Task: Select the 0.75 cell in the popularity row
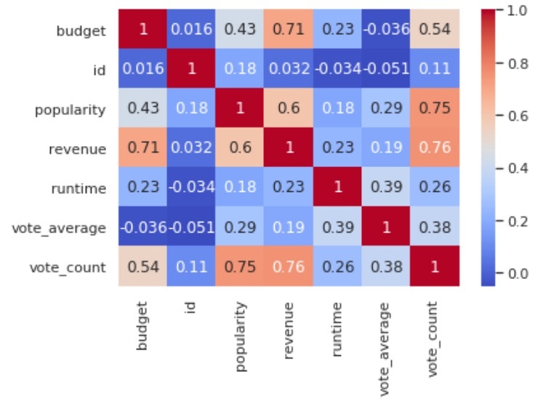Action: [x=433, y=110]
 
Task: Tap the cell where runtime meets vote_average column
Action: [x=390, y=188]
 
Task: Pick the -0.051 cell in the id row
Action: [x=390, y=70]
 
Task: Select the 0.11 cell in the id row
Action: [x=433, y=70]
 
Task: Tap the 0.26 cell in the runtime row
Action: [x=433, y=188]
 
